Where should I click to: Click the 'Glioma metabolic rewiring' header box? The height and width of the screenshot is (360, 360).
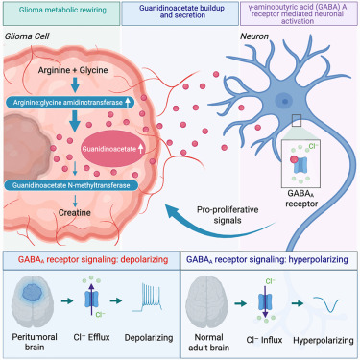pyautogui.click(x=61, y=13)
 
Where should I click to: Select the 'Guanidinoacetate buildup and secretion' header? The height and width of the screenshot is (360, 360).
pyautogui.click(x=180, y=13)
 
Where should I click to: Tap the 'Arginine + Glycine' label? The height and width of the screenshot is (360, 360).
pyautogui.click(x=73, y=70)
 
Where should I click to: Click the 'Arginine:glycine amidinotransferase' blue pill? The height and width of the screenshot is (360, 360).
pyautogui.click(x=70, y=103)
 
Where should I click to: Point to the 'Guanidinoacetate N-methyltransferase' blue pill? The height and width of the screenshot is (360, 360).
pyautogui.click(x=71, y=185)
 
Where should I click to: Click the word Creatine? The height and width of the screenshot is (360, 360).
pyautogui.click(x=74, y=213)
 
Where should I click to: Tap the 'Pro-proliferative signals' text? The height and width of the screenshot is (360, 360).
pyautogui.click(x=228, y=215)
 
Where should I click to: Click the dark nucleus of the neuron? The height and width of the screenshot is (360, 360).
pyautogui.click(x=284, y=101)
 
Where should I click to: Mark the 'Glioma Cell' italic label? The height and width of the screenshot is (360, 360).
pyautogui.click(x=27, y=36)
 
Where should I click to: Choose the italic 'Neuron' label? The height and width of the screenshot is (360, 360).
pyautogui.click(x=254, y=36)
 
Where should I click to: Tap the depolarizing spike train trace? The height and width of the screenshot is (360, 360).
pyautogui.click(x=147, y=298)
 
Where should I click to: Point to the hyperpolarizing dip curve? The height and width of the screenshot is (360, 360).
pyautogui.click(x=326, y=304)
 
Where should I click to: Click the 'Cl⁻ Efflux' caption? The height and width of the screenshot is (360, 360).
pyautogui.click(x=91, y=337)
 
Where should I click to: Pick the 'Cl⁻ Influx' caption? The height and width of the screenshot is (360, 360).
pyautogui.click(x=264, y=340)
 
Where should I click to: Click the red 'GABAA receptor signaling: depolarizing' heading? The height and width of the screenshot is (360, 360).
pyautogui.click(x=93, y=259)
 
